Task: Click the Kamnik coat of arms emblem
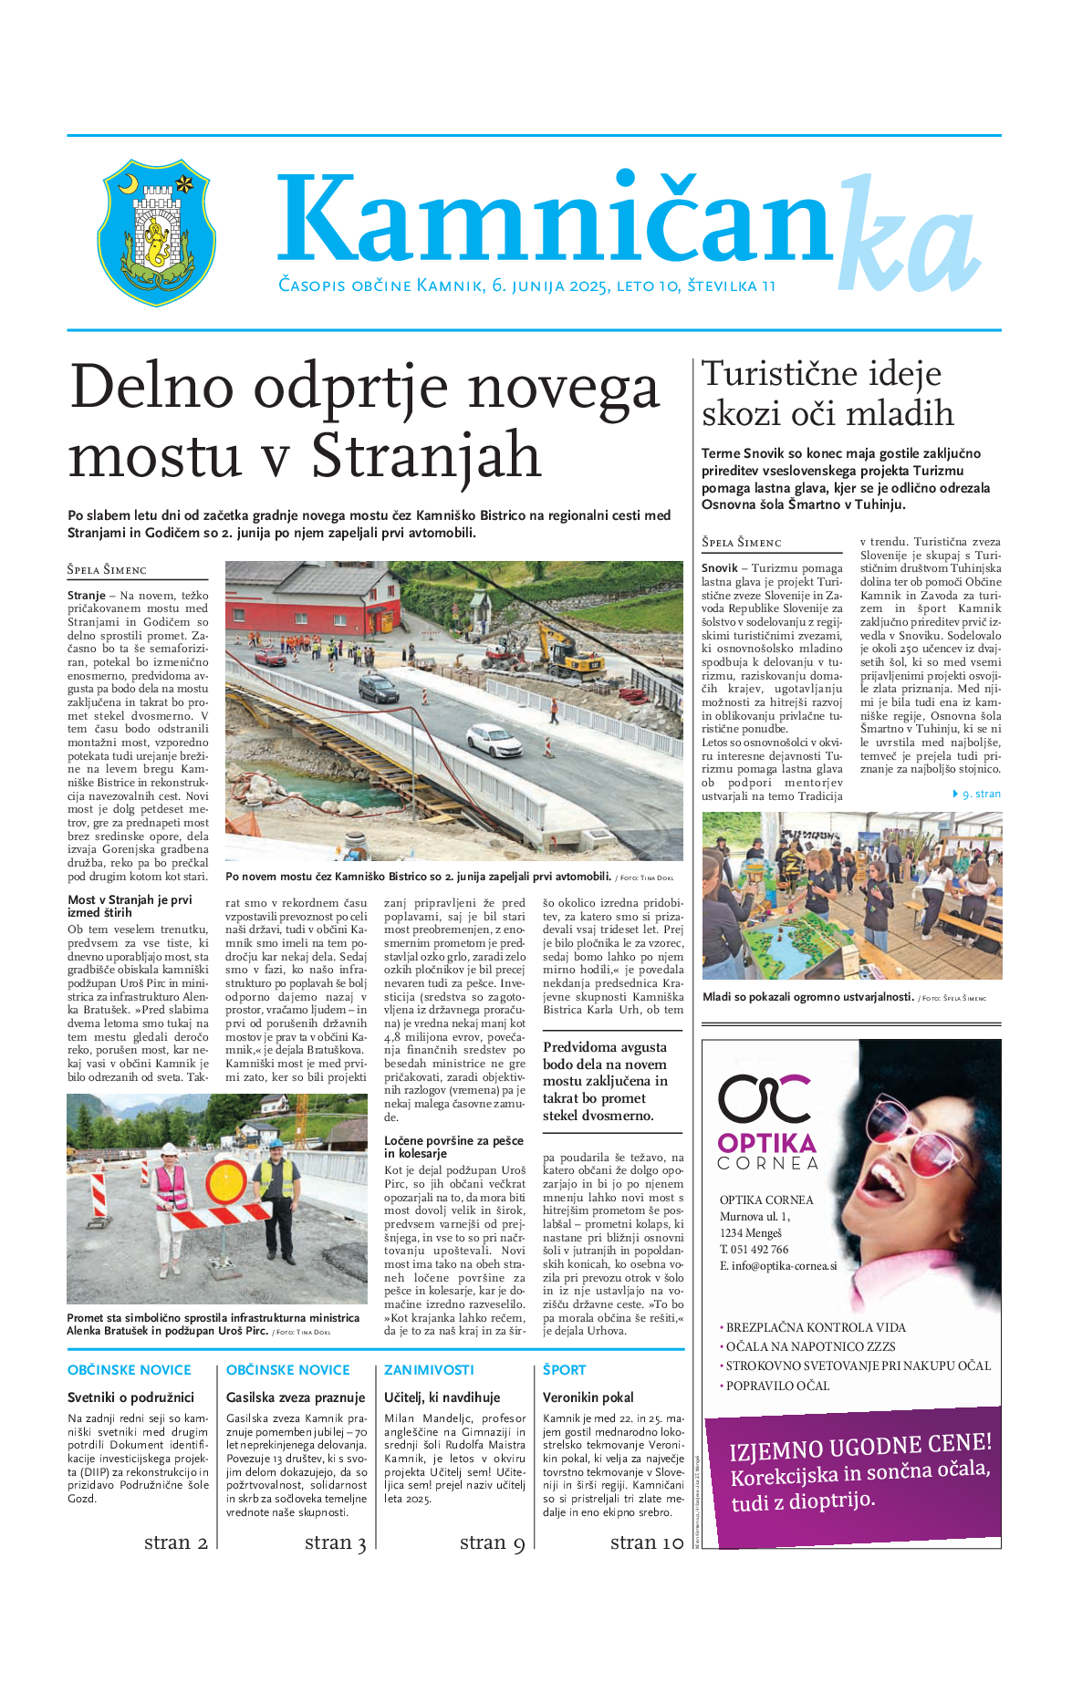[156, 232]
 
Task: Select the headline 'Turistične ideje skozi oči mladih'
[827, 394]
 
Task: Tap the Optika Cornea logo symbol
[764, 1098]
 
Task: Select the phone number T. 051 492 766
[754, 1250]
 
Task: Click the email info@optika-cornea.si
[777, 1266]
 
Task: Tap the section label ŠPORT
[564, 1370]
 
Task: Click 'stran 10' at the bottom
[646, 1542]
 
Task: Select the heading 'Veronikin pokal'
[588, 1397]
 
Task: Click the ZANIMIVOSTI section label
[429, 1370]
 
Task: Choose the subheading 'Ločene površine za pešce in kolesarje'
[453, 1147]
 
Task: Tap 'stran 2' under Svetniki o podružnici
[175, 1542]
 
